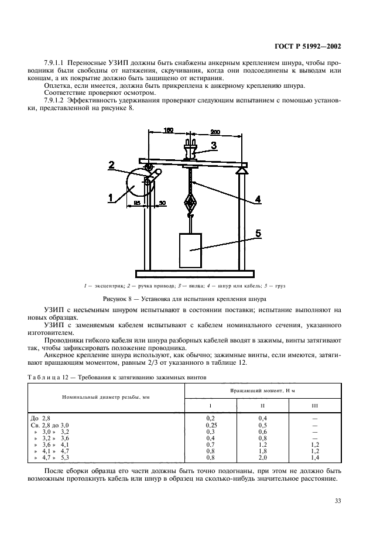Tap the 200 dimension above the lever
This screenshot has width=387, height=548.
(x=215, y=132)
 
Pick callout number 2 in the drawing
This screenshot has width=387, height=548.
(x=111, y=166)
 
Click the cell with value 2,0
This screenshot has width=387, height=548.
(x=263, y=457)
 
